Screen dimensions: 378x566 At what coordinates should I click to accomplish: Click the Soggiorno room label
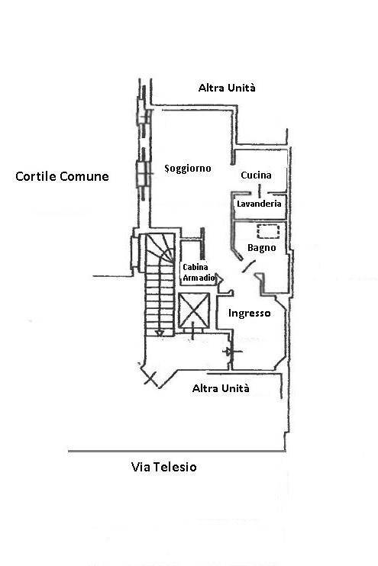click(188, 169)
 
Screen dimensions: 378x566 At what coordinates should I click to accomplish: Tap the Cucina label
click(256, 175)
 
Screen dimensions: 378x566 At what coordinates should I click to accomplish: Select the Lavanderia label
click(259, 204)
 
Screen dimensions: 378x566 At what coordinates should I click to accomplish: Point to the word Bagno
click(262, 248)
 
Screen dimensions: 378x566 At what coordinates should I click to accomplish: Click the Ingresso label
click(250, 314)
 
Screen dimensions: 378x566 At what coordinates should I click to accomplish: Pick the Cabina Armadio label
click(199, 272)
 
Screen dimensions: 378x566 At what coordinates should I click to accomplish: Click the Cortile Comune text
click(62, 176)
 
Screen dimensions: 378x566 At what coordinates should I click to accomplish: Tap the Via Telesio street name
click(163, 467)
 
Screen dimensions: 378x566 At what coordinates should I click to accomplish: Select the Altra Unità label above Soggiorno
click(227, 88)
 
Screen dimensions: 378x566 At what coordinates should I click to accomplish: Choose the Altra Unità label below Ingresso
click(221, 388)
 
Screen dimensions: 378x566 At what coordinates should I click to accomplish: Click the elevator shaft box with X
click(194, 310)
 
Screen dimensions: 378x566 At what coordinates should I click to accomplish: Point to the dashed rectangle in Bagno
click(268, 231)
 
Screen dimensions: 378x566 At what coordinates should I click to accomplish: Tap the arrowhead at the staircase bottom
click(160, 333)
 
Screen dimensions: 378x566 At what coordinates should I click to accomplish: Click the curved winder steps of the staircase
click(161, 247)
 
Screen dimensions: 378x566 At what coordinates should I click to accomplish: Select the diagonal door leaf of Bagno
click(248, 266)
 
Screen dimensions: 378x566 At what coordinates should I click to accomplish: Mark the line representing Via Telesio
click(176, 452)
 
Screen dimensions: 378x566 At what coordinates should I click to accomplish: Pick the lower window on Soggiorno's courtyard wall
click(143, 175)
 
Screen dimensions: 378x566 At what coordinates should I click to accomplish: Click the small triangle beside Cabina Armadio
click(219, 278)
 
